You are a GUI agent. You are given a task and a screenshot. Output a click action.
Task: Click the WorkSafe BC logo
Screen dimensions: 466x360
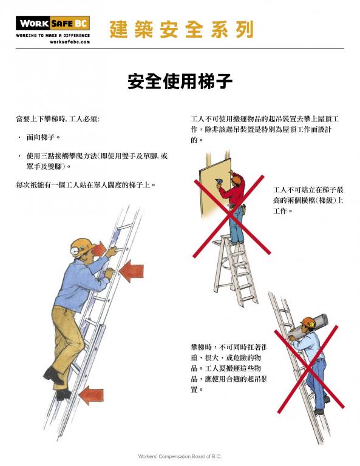(52, 24)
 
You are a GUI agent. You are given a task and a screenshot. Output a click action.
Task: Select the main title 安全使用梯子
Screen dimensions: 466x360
(180, 81)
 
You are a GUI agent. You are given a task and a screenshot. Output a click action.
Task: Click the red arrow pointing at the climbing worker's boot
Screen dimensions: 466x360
(91, 395)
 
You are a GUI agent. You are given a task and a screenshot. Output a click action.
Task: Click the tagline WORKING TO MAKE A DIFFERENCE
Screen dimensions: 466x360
(52, 36)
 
